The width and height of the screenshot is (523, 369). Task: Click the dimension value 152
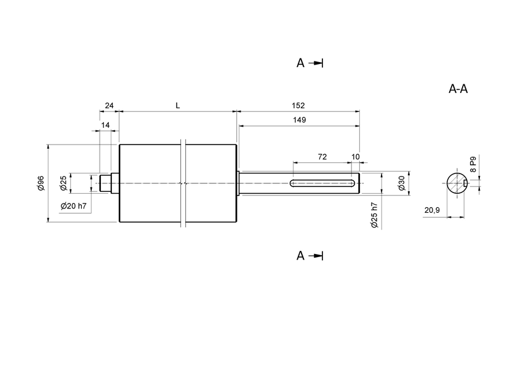coord(298,106)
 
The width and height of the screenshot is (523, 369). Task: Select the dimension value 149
coord(298,120)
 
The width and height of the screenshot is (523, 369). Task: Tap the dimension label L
coord(178,106)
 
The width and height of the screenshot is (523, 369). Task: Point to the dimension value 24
coord(109,106)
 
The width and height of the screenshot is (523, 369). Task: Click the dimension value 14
coord(106,125)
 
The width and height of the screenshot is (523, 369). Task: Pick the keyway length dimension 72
coord(322,157)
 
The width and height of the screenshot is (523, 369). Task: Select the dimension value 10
coord(355,157)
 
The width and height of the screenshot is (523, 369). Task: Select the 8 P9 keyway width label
coord(473,164)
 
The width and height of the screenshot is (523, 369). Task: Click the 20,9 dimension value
coord(432,210)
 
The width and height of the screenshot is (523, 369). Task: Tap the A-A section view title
coord(458,89)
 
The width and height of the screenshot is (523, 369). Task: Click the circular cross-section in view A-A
coord(455,183)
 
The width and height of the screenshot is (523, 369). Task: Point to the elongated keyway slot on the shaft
coord(320,183)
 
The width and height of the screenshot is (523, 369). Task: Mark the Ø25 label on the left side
coord(63,183)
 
